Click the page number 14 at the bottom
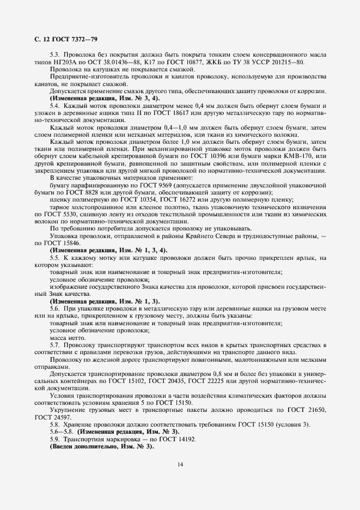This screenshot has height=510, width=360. [x=180, y=464]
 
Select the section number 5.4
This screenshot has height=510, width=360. [x=56, y=105]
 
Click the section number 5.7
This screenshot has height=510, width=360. [x=56, y=345]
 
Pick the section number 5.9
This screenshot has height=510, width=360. [x=56, y=439]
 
